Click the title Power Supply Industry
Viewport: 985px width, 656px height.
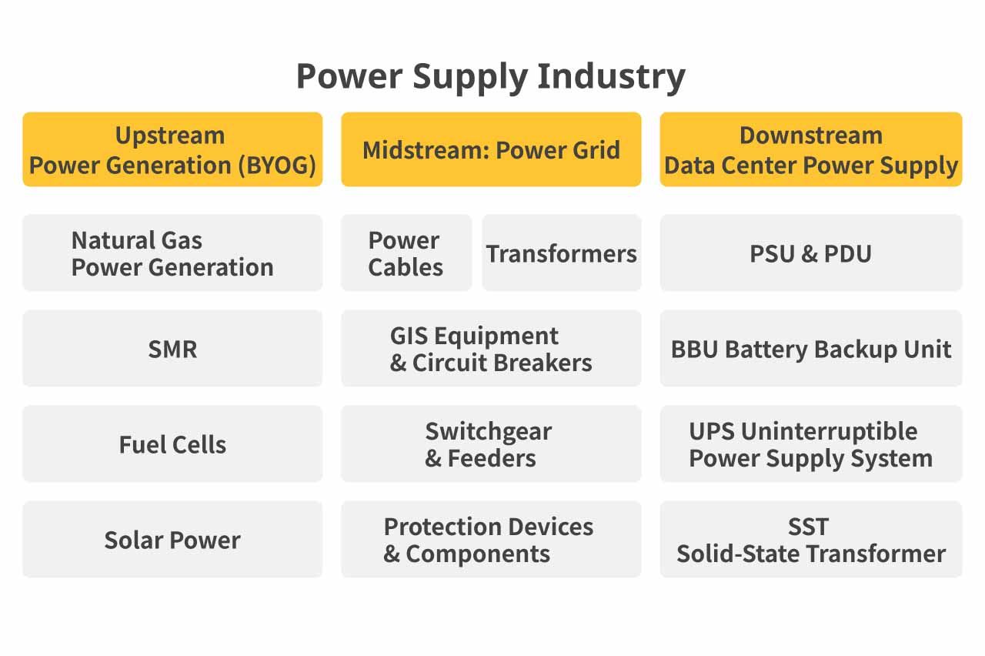(x=491, y=77)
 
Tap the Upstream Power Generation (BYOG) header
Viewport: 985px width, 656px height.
(x=172, y=149)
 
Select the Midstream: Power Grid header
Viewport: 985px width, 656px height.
(x=491, y=149)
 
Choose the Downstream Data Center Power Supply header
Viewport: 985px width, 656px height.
(x=811, y=149)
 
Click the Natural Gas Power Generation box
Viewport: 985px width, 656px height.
(x=172, y=253)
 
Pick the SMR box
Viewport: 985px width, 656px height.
(x=172, y=349)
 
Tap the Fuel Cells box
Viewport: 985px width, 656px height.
(x=172, y=444)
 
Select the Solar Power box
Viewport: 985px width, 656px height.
(x=172, y=540)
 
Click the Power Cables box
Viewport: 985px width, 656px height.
(x=406, y=253)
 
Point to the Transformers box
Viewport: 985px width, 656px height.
(x=562, y=253)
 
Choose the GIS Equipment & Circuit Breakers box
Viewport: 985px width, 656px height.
(x=491, y=349)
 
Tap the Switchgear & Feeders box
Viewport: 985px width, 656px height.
(x=491, y=444)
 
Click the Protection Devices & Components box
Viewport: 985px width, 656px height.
(x=491, y=540)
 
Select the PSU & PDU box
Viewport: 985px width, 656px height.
(x=811, y=253)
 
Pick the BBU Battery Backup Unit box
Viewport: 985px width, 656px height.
(x=811, y=349)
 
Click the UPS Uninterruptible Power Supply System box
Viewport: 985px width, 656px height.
(x=811, y=444)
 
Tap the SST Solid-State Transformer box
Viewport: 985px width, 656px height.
(x=811, y=540)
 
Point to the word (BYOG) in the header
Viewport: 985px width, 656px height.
(x=277, y=166)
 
